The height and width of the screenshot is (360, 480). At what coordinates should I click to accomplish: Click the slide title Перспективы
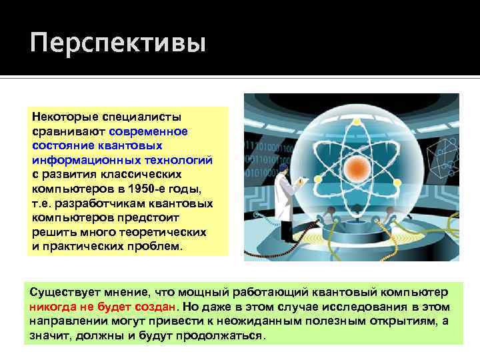[x=118, y=44]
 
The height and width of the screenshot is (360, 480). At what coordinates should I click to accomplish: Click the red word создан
[x=160, y=307]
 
